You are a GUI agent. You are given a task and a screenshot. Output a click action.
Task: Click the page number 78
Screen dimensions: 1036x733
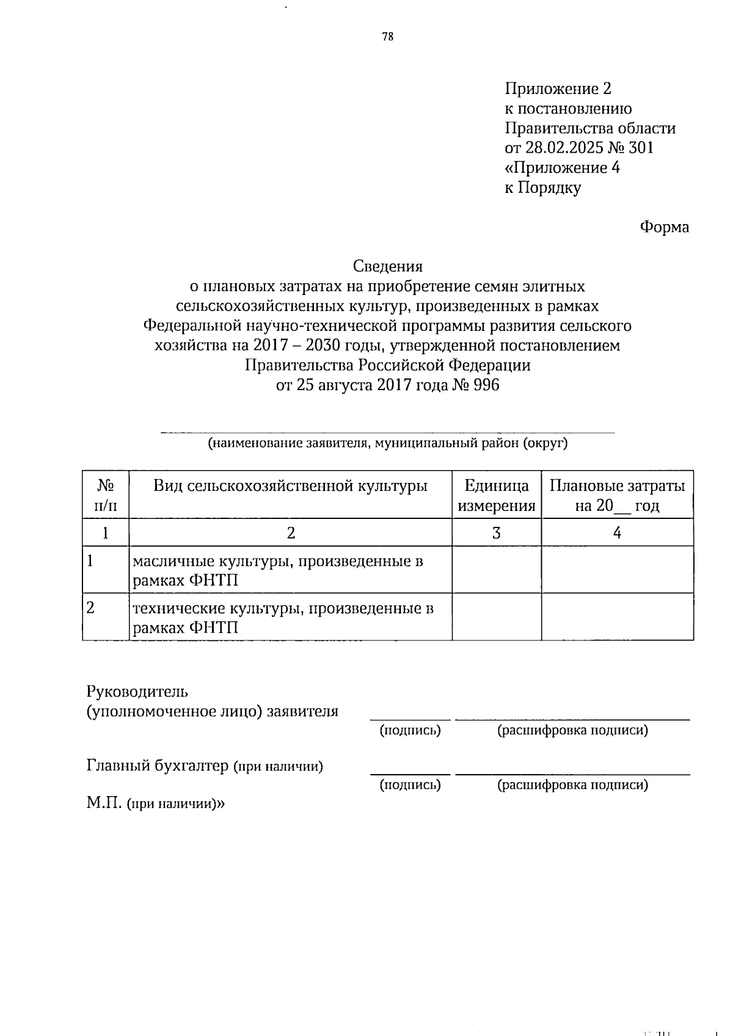[387, 37]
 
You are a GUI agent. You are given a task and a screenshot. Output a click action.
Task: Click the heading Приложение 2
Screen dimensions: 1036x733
[557, 89]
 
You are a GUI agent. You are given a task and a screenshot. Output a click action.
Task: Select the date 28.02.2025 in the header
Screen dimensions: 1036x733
[563, 148]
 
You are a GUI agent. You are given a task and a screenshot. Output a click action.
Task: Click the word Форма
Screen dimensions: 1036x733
[664, 228]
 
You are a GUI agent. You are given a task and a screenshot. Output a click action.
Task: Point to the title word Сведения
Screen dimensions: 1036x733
[387, 267]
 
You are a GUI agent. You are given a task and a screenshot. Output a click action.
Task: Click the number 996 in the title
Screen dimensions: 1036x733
[486, 385]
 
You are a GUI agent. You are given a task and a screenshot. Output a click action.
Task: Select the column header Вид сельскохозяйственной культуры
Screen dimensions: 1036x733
[290, 486]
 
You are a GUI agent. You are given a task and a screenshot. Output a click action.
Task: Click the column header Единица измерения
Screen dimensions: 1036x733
[497, 496]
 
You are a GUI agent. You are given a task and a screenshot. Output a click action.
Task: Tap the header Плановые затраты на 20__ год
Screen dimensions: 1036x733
[617, 496]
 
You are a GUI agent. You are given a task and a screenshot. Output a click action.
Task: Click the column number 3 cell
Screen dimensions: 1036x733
[497, 533]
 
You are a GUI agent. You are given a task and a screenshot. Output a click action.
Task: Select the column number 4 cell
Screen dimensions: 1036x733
[617, 533]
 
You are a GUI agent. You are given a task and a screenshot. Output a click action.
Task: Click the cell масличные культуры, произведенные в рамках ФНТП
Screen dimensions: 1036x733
[278, 570]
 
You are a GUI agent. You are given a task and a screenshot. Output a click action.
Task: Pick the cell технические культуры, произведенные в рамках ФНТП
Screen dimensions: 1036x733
[283, 617]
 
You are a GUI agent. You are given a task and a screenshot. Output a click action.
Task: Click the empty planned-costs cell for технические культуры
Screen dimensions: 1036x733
[617, 617]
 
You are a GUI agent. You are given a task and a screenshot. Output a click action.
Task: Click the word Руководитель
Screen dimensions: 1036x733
[137, 692]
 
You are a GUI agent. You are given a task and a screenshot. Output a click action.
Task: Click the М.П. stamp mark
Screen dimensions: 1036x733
[104, 803]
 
